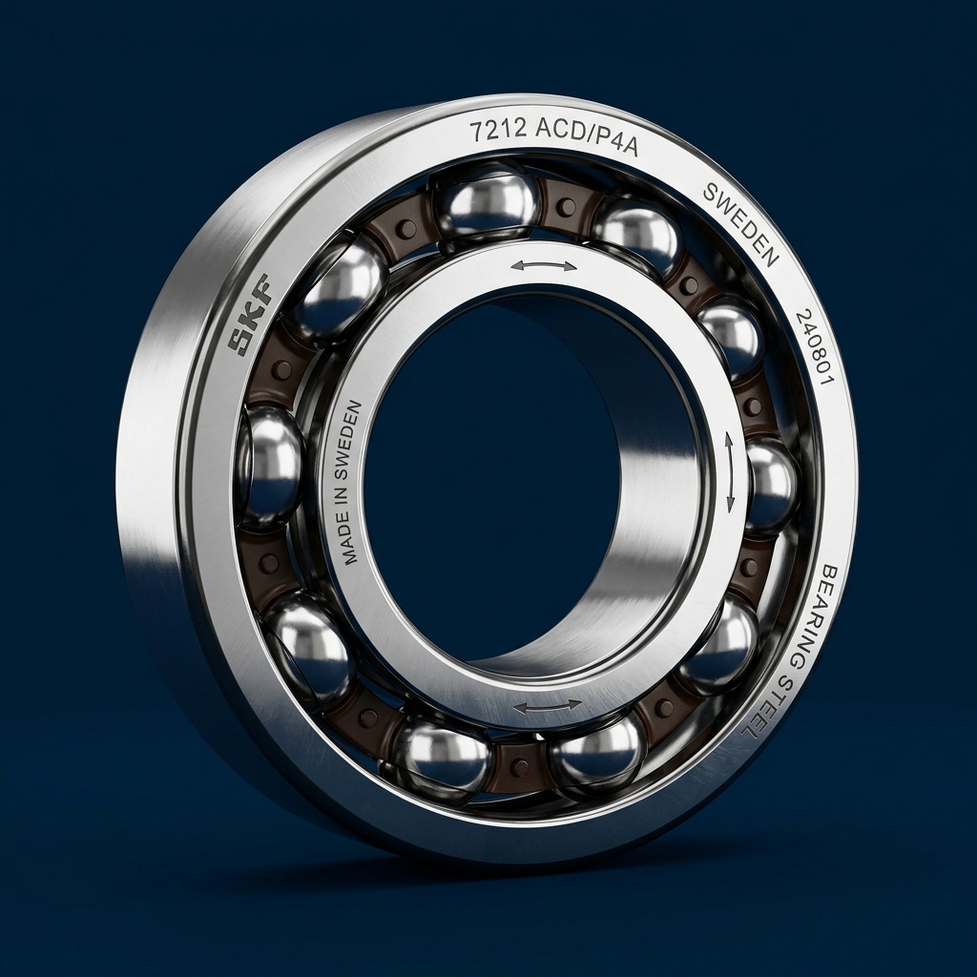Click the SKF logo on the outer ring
(x=250, y=314)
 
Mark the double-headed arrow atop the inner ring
(x=543, y=265)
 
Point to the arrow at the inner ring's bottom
(x=548, y=706)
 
